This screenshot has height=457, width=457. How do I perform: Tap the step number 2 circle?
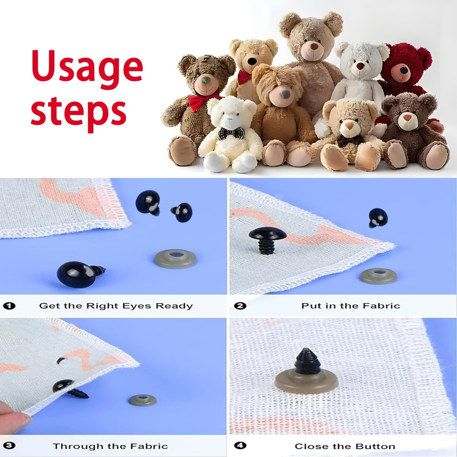point(241,306)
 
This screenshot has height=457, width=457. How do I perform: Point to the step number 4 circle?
point(241,446)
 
